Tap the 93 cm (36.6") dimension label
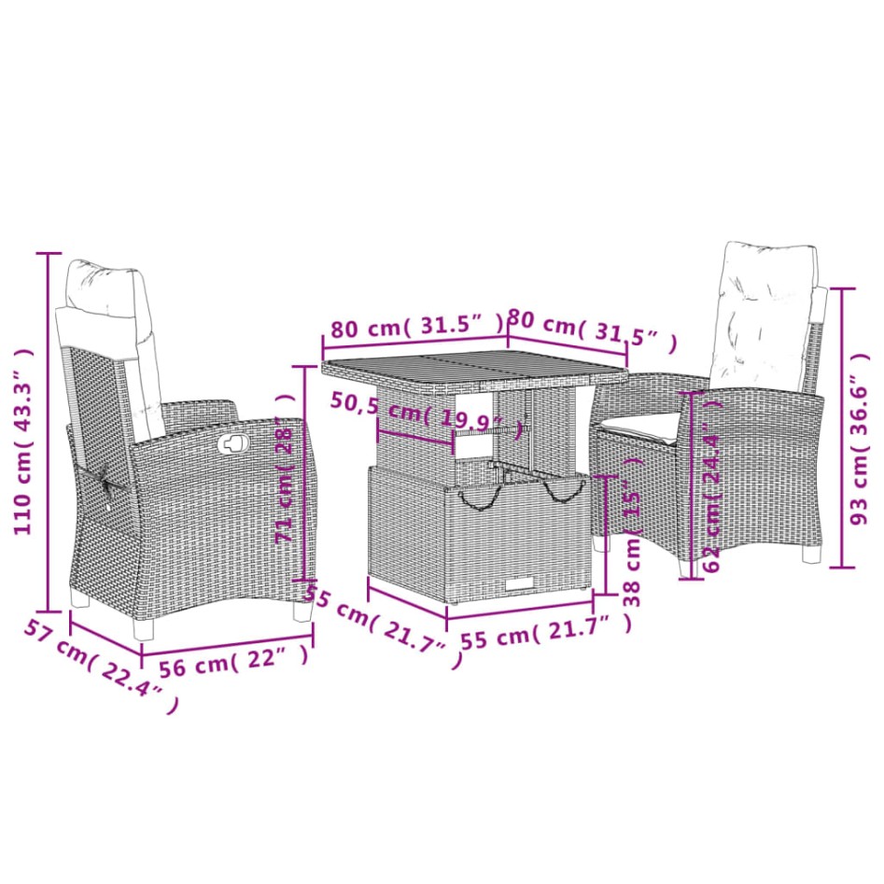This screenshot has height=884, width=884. [x=866, y=429]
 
